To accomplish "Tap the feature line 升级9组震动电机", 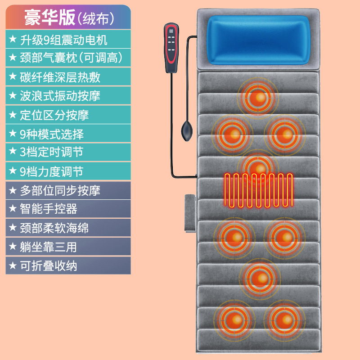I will click(x=63, y=40).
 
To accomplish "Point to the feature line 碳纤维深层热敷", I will click(x=60, y=77).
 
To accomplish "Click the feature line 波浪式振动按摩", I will click(x=60, y=96).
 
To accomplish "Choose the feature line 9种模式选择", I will click(x=52, y=134).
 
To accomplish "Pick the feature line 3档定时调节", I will click(x=52, y=152).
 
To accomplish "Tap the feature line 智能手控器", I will click(x=49, y=209).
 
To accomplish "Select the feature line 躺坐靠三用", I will click(x=49, y=247).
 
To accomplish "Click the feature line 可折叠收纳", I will click(x=49, y=266).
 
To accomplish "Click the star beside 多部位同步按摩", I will click(x=12, y=190).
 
